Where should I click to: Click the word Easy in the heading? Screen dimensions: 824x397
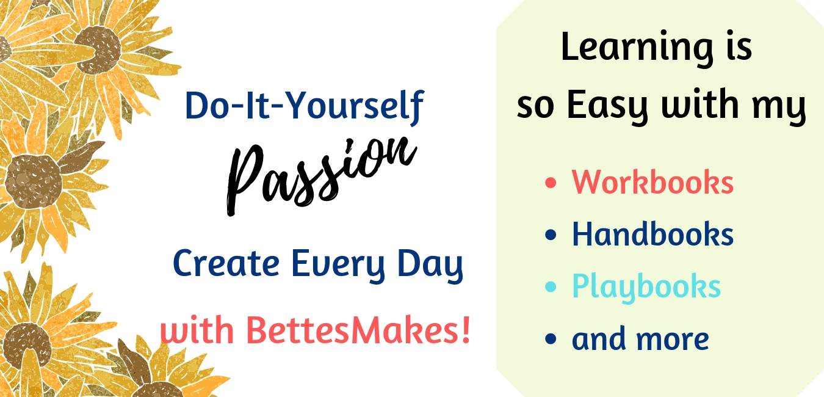tap(608, 106)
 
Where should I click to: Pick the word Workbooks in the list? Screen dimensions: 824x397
tap(652, 182)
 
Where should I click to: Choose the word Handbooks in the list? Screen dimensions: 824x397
tap(652, 234)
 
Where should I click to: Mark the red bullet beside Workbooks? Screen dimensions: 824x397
tap(551, 183)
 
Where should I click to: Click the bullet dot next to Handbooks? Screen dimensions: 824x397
tap(551, 235)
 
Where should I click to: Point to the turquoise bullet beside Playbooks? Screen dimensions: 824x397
tap(551, 286)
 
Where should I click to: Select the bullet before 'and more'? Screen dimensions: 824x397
tap(551, 338)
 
